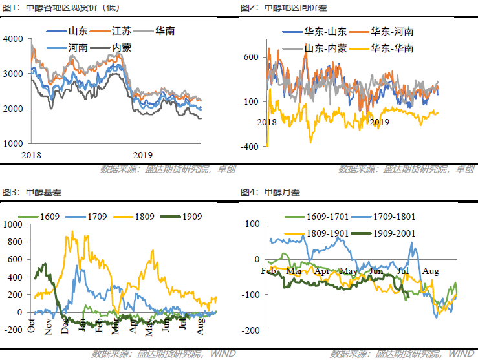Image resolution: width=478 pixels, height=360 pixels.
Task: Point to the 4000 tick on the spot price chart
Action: [x=12, y=39]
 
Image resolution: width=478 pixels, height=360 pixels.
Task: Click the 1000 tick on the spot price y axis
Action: [x=12, y=143]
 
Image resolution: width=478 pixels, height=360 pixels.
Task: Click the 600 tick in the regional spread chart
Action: [x=252, y=57]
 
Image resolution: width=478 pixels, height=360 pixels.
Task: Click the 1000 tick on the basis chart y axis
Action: [x=12, y=225]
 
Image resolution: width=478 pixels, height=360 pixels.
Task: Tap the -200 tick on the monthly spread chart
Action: [x=250, y=330]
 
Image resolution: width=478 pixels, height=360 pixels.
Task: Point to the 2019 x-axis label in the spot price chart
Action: [x=142, y=155]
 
